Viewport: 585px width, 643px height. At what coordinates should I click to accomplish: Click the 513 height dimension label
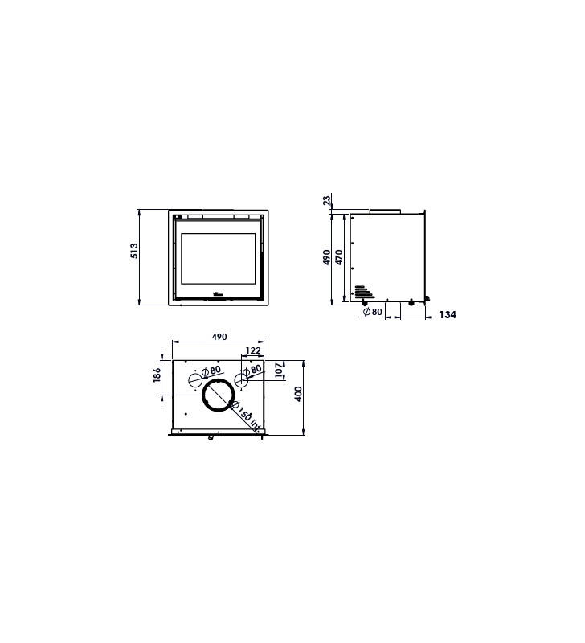click(x=134, y=251)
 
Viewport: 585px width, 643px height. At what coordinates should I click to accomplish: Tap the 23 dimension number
click(x=327, y=200)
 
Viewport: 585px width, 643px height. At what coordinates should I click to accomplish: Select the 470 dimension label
click(x=339, y=257)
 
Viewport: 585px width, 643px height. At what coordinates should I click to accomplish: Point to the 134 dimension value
click(x=448, y=314)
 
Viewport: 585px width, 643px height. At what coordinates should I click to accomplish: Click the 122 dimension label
click(x=253, y=350)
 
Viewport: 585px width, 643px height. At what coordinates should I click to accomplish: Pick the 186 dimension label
click(x=157, y=375)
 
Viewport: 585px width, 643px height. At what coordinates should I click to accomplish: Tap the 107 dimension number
click(x=279, y=371)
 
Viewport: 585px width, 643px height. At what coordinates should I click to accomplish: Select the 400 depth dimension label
click(x=298, y=394)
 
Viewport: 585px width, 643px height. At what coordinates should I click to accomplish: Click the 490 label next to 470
click(x=327, y=257)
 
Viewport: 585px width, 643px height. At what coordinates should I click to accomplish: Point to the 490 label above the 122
click(x=219, y=337)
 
